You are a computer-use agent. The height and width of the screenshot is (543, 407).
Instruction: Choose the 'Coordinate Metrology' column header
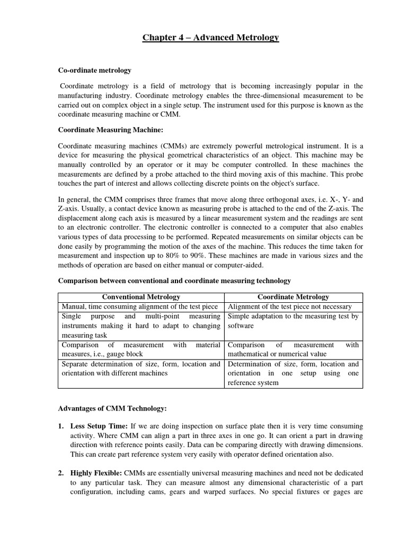click(x=294, y=297)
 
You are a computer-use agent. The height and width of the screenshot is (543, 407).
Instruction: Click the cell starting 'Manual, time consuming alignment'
click(x=140, y=306)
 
